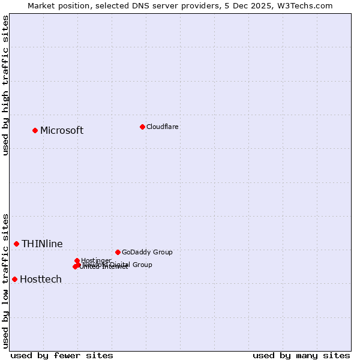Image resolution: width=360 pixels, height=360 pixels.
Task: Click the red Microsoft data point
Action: coord(35,130)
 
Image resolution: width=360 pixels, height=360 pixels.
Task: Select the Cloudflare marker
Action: coord(142,127)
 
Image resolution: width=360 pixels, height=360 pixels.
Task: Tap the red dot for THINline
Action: coord(17,244)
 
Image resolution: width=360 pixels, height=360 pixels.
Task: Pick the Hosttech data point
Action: coord(14,279)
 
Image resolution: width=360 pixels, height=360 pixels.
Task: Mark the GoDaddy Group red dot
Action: coord(118,252)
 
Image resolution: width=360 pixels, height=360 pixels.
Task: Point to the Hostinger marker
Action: coord(77,260)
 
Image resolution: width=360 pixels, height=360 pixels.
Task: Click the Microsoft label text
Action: coord(62,131)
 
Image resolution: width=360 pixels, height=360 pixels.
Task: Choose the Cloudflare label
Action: coord(162,127)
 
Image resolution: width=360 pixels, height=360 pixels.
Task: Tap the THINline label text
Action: coord(42,244)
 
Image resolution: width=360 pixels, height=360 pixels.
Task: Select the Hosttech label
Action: coord(41,280)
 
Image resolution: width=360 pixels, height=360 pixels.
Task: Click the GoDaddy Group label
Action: coord(147,252)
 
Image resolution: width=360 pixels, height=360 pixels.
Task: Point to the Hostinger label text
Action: coord(97,260)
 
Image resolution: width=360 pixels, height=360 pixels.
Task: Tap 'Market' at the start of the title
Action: coord(42,5)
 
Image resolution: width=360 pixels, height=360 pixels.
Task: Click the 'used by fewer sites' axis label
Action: coord(62,355)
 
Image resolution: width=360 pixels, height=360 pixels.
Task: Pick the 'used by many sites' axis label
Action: coord(301,355)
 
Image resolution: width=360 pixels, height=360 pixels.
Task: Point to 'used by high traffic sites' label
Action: coord(5,85)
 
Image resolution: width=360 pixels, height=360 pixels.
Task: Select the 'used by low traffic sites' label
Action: coord(5,281)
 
